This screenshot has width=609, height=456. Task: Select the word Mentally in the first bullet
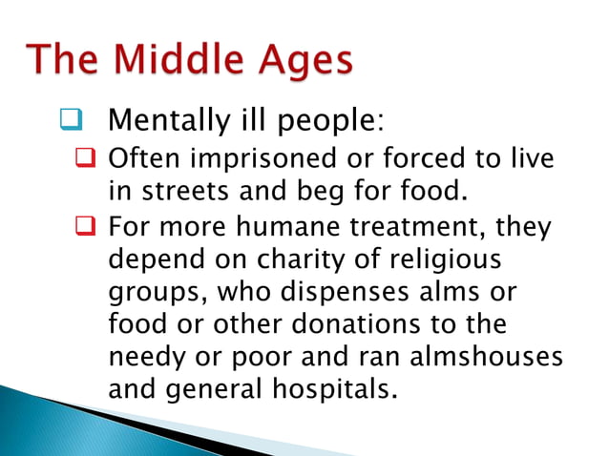[x=163, y=122]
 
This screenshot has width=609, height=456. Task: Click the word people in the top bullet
[x=318, y=123]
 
